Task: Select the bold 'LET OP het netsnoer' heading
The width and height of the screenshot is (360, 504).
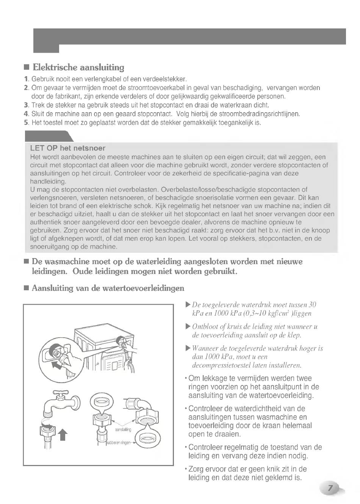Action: click(x=67, y=148)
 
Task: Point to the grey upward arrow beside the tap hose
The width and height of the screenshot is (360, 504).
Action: click(x=63, y=435)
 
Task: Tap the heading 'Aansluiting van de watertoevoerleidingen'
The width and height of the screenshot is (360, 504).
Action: click(x=108, y=288)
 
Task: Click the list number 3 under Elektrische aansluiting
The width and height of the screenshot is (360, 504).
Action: click(x=26, y=105)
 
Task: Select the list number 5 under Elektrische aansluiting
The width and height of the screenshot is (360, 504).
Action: click(x=26, y=122)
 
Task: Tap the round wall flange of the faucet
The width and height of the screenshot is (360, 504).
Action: click(x=76, y=402)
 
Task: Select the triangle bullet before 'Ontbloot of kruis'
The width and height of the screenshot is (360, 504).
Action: click(x=188, y=327)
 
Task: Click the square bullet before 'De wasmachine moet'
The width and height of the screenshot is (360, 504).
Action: click(x=26, y=262)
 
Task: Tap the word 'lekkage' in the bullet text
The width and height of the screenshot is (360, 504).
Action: click(x=213, y=378)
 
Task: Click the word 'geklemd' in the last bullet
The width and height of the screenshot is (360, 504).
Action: click(x=279, y=477)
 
